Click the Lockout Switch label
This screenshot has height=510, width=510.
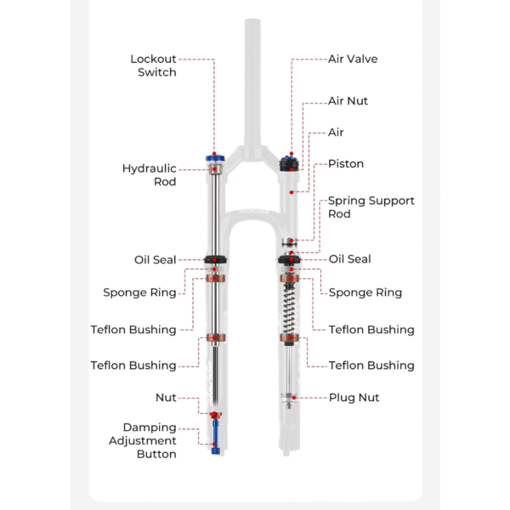(153, 65)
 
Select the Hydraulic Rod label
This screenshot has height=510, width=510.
(150, 175)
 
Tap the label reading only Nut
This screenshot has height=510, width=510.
(166, 398)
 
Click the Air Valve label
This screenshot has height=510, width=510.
(353, 59)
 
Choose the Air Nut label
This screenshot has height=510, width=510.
(348, 101)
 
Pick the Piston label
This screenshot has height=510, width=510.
(346, 164)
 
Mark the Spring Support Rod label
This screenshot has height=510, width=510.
(371, 207)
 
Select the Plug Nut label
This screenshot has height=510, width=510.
(354, 398)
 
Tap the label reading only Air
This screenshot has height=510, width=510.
(337, 133)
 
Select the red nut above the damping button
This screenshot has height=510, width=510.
(215, 414)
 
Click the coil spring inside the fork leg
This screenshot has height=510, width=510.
(289, 311)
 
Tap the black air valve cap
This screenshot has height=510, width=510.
(291, 161)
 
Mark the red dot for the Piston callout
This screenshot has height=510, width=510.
(291, 193)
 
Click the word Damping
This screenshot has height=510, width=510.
(150, 428)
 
